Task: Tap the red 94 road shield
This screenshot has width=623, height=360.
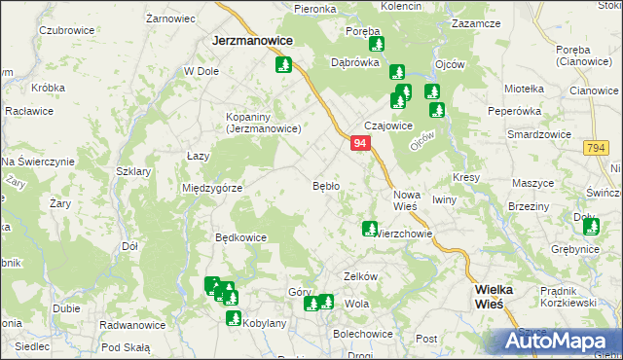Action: click(x=360, y=143)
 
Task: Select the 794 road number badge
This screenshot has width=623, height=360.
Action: click(x=597, y=148)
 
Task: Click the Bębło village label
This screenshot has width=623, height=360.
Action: click(x=325, y=185)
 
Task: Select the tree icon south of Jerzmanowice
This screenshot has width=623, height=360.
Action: click(x=284, y=66)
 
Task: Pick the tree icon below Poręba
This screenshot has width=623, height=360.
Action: click(x=376, y=45)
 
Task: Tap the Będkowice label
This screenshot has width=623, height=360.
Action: click(x=240, y=236)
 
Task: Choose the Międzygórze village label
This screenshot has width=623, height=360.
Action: click(x=211, y=188)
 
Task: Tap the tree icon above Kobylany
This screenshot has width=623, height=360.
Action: click(x=234, y=318)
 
